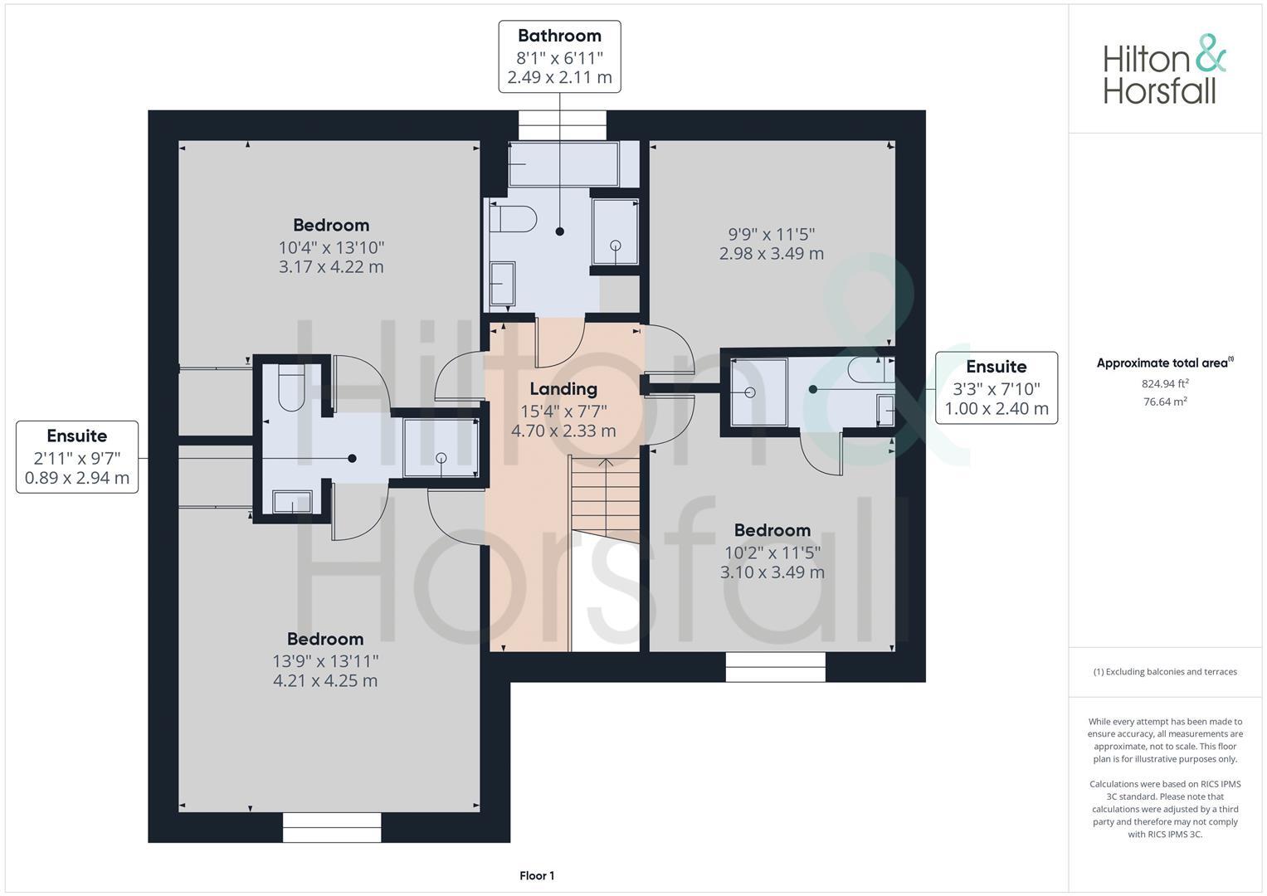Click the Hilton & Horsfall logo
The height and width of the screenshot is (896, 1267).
(x=1164, y=69)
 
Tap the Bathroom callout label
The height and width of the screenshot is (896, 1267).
(x=559, y=56)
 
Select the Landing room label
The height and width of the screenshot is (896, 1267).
(x=563, y=389)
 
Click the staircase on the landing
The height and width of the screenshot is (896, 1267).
(x=605, y=498)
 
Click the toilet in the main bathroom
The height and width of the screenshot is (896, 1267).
(x=514, y=221)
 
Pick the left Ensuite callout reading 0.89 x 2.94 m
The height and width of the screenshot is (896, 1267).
(x=77, y=457)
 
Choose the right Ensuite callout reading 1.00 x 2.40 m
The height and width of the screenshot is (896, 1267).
(x=996, y=387)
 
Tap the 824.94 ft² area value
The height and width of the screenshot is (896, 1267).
(x=1164, y=384)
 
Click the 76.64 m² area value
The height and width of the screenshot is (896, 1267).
(x=1164, y=402)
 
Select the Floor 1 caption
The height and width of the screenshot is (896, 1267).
(x=537, y=876)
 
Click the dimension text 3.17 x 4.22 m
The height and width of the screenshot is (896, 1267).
(x=331, y=267)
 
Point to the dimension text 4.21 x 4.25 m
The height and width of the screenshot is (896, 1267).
(x=325, y=681)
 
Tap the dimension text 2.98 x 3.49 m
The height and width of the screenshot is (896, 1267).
(x=771, y=254)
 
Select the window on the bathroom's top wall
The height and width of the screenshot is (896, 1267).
(x=563, y=126)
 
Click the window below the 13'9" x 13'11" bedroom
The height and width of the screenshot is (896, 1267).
(x=332, y=827)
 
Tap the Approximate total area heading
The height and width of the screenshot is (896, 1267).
(x=1164, y=363)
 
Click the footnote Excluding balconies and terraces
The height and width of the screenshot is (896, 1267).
(x=1164, y=672)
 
